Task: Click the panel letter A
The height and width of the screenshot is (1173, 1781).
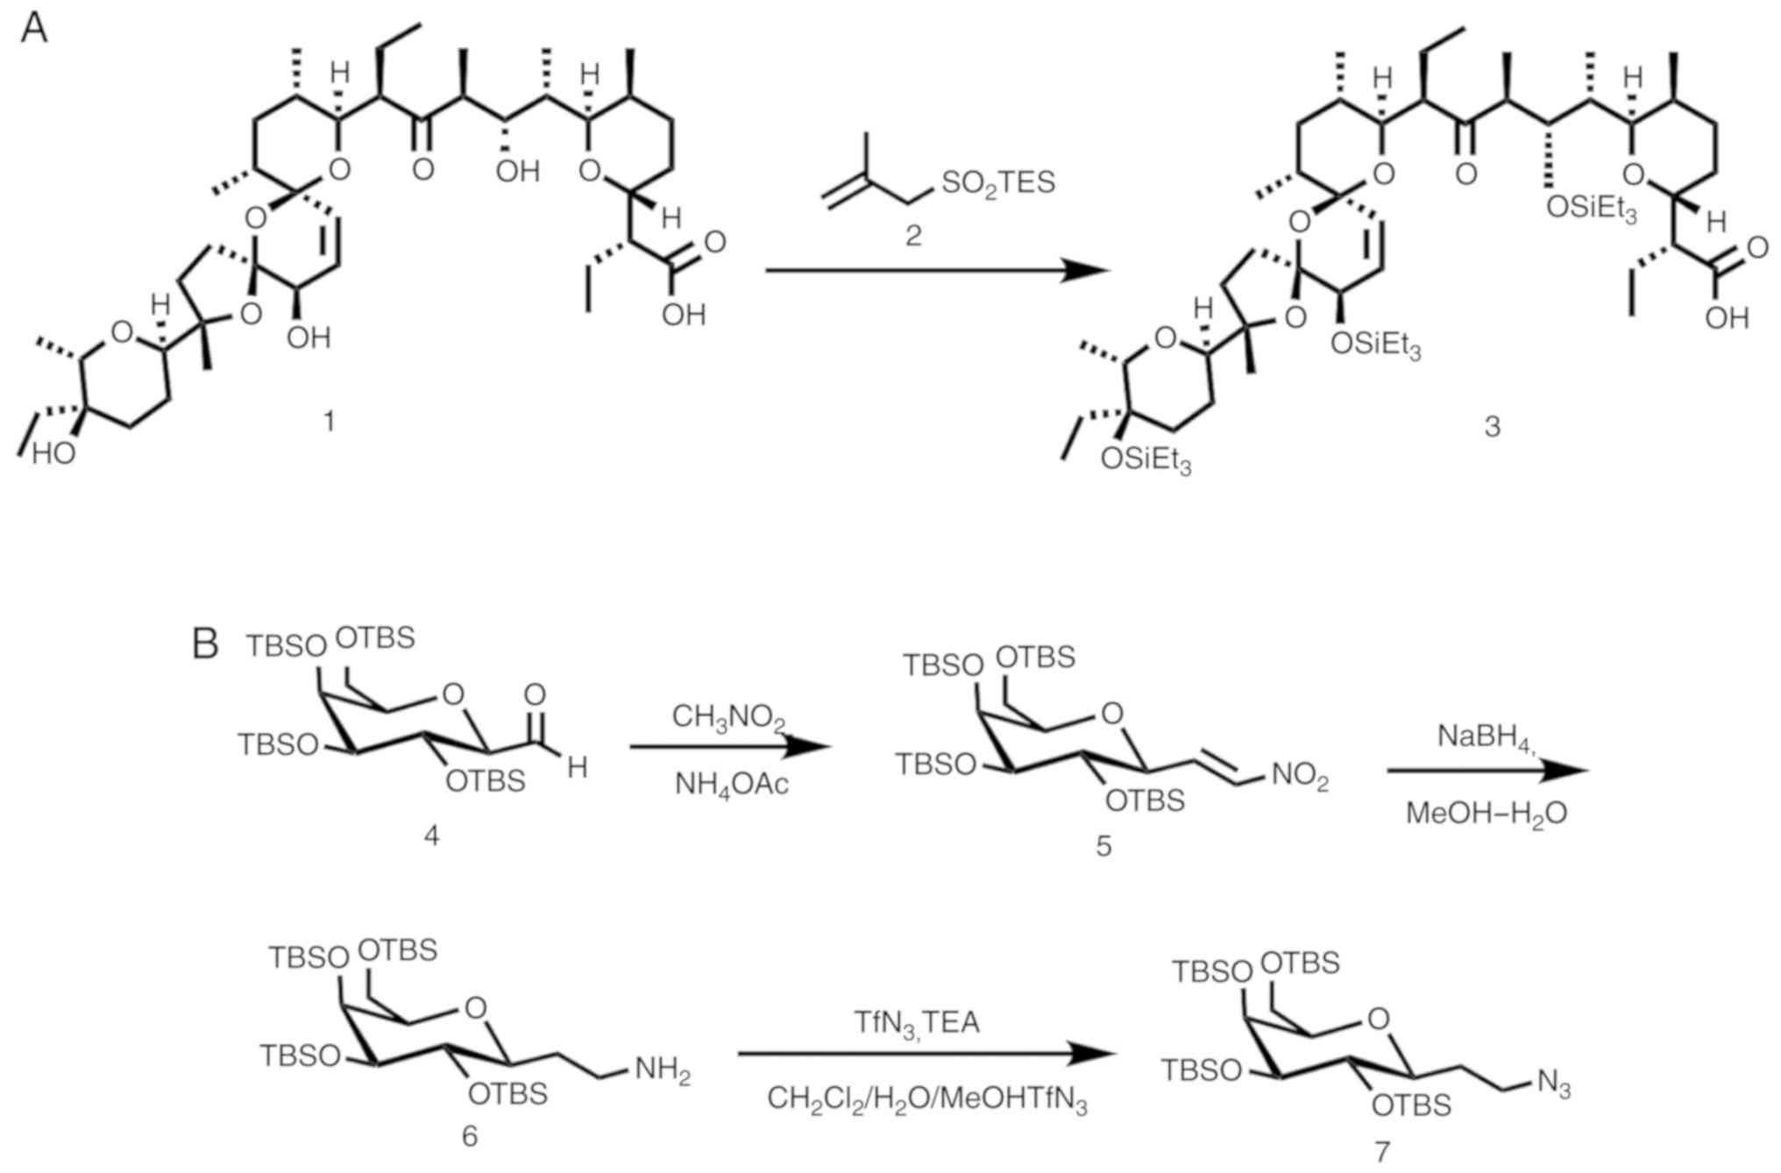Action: point(34,28)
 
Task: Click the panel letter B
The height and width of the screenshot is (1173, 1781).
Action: point(205,646)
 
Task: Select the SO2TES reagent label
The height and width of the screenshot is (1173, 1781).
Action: point(997,183)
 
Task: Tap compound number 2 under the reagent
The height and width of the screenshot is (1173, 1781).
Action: point(913,235)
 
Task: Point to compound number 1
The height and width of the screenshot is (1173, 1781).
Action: point(329,422)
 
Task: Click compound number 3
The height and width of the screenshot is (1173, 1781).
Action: point(1493,427)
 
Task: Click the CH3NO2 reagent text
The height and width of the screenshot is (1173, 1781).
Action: point(729,718)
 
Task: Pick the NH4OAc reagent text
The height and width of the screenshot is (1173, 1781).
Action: point(731,783)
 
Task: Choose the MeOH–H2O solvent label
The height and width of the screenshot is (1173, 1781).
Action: point(1487,814)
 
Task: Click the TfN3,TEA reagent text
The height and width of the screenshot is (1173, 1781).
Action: point(917,1022)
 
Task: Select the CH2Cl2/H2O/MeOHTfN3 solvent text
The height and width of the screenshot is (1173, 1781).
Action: point(926,1099)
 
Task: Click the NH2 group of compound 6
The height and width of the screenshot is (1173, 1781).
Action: point(663,1070)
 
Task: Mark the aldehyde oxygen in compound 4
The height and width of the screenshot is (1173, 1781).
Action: point(535,695)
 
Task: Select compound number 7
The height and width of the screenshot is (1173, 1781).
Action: point(1382,1150)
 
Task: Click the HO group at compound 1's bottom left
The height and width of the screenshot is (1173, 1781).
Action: point(53,453)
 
